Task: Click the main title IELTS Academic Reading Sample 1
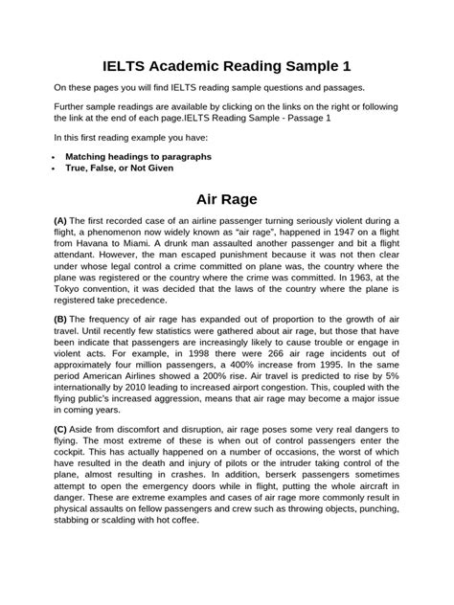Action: click(227, 66)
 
